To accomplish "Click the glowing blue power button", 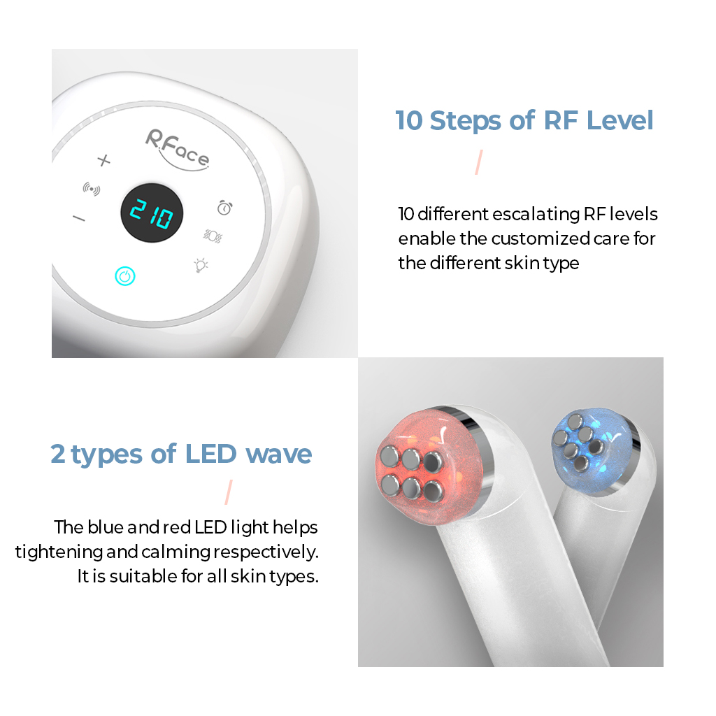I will click(124, 277).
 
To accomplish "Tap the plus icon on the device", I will click(103, 161).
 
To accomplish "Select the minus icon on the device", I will click(79, 219).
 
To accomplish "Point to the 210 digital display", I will click(152, 215).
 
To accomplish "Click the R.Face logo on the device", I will click(176, 148).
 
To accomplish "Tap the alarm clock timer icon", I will click(224, 207).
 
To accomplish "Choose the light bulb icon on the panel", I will click(201, 265).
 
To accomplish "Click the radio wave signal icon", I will click(91, 188).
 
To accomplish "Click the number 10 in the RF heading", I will click(410, 120).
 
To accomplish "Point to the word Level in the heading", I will click(620, 120).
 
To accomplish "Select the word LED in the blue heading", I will click(211, 454).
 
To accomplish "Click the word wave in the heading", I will click(278, 454).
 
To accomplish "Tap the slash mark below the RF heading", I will click(479, 162).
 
